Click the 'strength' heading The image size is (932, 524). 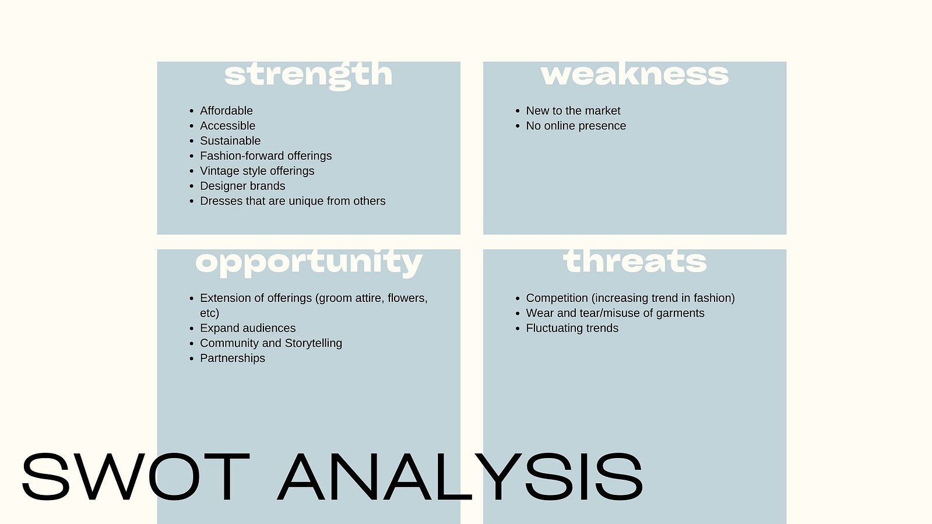coord(308,76)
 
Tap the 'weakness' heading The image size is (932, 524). coord(635,75)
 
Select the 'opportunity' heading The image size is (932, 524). coord(309,263)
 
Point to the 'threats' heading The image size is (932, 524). coord(635,261)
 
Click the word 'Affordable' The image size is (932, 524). coord(226,111)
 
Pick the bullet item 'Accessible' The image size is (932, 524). coord(227,126)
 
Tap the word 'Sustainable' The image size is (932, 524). coord(230,140)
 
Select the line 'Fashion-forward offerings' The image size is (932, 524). coord(266,156)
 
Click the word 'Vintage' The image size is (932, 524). coord(217,171)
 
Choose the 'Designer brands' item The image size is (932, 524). coord(242,186)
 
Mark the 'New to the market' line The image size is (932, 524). coord(573,111)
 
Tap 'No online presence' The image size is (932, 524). coord(576,126)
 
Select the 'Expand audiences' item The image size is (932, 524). coord(248,328)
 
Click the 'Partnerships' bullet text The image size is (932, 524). coord(232,358)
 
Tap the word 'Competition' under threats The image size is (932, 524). coord(557,298)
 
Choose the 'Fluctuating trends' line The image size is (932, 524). coord(572,328)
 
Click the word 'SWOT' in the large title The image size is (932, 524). coord(136,477)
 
